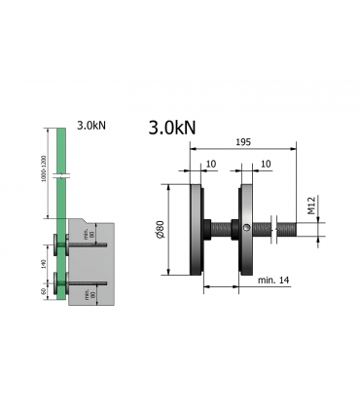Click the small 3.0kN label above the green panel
tap(93, 127)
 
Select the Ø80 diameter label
tap(160, 231)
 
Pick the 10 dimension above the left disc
tap(210, 164)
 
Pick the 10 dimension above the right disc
tap(266, 164)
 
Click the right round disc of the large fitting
tap(249, 231)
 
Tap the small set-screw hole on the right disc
tap(249, 230)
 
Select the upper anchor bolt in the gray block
tap(87, 248)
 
